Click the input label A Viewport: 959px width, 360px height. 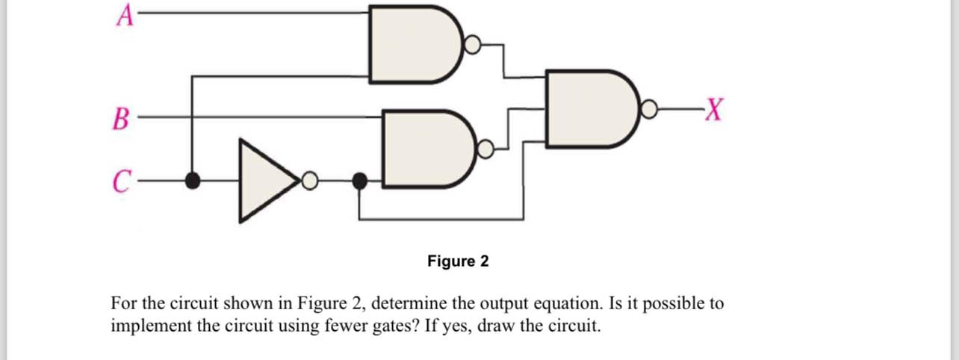[x=123, y=14]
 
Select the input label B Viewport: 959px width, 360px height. [x=121, y=119]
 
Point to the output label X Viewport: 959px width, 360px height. [x=713, y=112]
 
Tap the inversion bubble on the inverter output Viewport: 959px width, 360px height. [x=310, y=180]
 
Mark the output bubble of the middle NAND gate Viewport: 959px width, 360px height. [x=485, y=149]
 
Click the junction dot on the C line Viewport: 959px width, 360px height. [x=193, y=180]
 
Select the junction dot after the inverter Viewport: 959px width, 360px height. [x=359, y=180]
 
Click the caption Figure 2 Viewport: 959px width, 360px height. [x=458, y=261]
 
